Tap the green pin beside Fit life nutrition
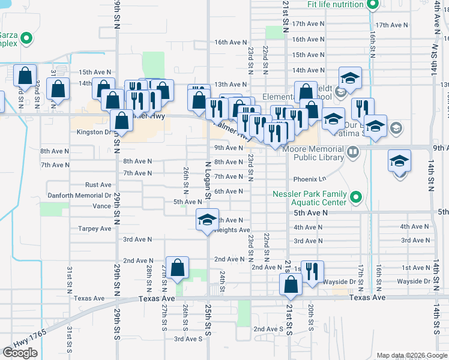point(372,5)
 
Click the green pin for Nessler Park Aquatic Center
point(356,197)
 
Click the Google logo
point(20,352)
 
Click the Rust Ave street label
point(98,185)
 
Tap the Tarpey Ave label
point(95,229)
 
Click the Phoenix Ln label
point(309,179)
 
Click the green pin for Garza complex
point(26,39)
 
